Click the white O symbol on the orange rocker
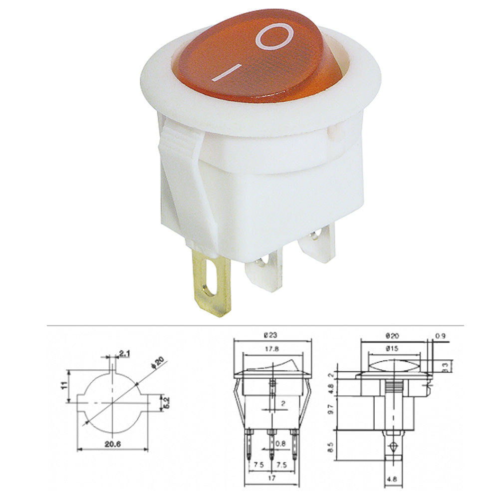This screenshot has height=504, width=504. pyautogui.click(x=274, y=36)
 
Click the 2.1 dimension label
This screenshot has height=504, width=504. pyautogui.click(x=125, y=354)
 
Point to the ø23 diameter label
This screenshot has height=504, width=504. pyautogui.click(x=272, y=335)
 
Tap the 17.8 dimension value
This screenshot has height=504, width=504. pyautogui.click(x=272, y=349)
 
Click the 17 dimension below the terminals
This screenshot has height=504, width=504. pyautogui.click(x=272, y=478)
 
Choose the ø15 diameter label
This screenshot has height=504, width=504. pyautogui.click(x=392, y=349)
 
